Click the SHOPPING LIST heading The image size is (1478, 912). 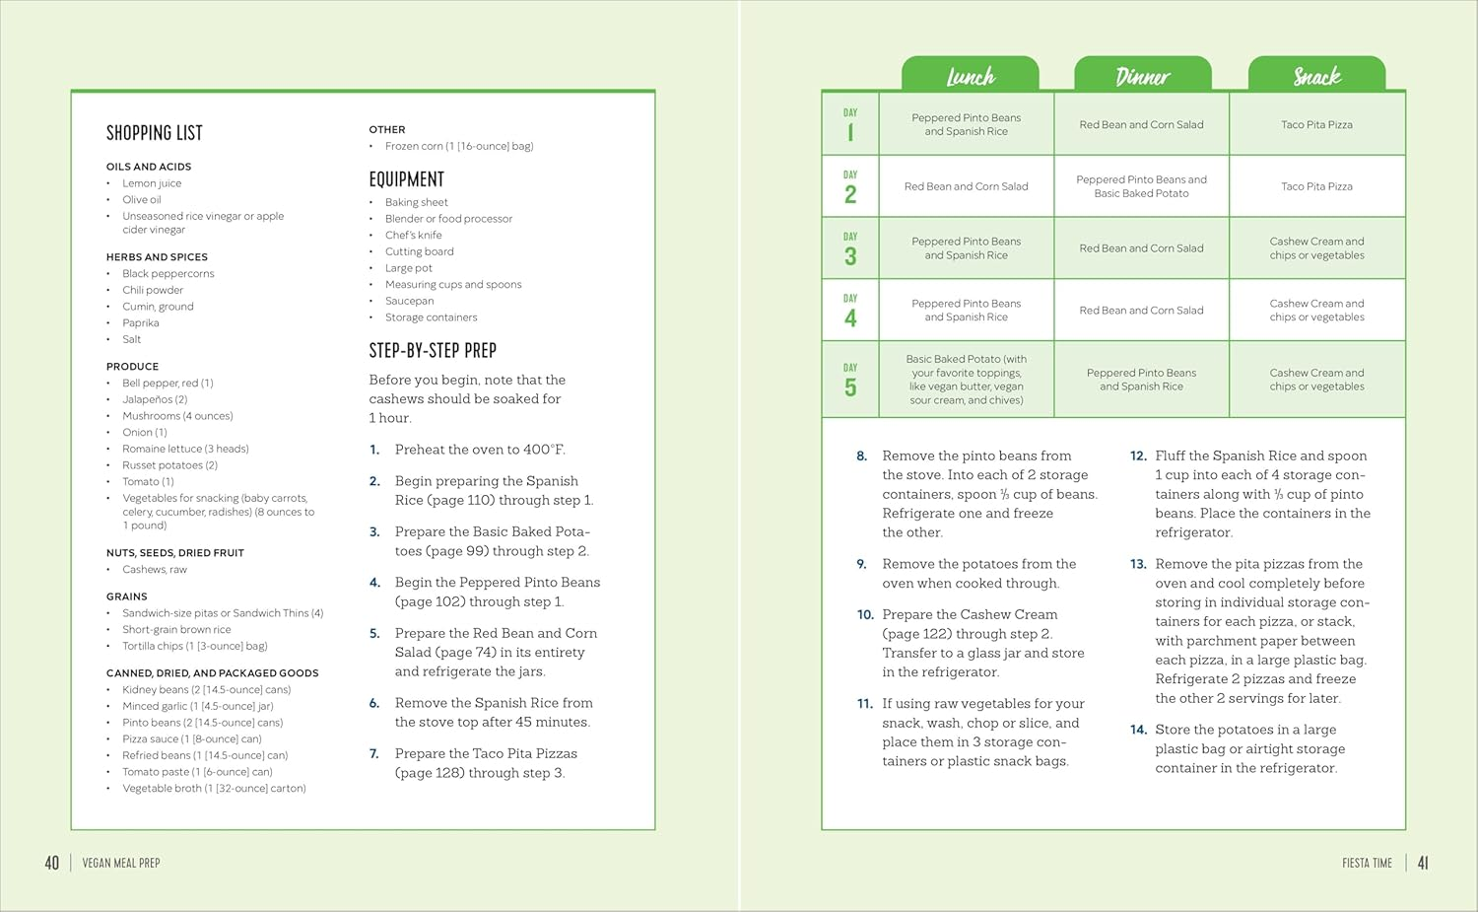[155, 133]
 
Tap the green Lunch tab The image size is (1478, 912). [970, 74]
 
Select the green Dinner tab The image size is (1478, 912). [1143, 74]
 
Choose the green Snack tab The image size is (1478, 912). [1316, 74]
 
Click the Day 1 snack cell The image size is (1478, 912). [1317, 124]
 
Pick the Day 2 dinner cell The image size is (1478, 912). [1141, 186]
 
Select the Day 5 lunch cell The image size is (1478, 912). [966, 379]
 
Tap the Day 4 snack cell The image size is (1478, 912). [1317, 311]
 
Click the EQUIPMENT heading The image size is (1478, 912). [406, 179]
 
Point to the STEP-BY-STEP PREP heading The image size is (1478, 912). [433, 350]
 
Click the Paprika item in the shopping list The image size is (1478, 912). [141, 323]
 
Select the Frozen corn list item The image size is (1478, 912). [459, 146]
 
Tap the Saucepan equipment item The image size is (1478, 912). [410, 301]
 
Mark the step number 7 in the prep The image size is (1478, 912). [374, 754]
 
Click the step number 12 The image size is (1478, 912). [1137, 456]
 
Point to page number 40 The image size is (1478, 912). [52, 863]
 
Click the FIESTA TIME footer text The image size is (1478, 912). [1368, 863]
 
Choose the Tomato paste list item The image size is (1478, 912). [197, 772]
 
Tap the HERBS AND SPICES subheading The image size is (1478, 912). [157, 257]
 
